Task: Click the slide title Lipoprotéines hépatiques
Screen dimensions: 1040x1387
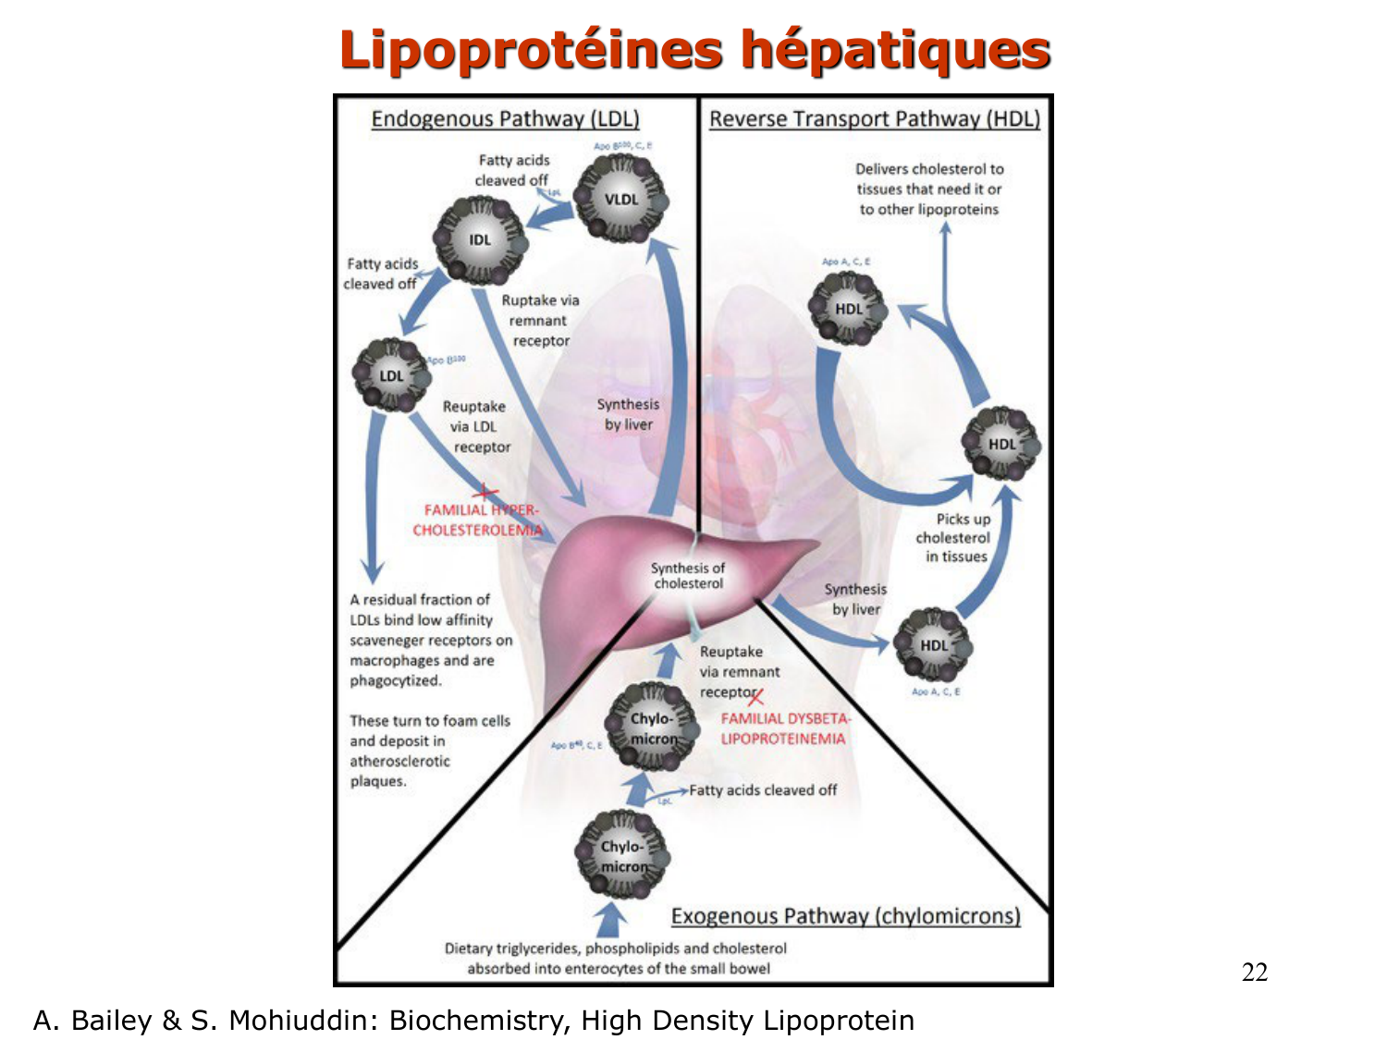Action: (x=694, y=50)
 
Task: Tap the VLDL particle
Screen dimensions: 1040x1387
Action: (x=620, y=199)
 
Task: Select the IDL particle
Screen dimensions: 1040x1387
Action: (x=480, y=240)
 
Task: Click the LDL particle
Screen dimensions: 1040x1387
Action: (x=392, y=375)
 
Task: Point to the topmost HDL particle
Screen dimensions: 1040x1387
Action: (x=848, y=309)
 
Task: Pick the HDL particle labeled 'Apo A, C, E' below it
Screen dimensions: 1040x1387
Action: (x=934, y=645)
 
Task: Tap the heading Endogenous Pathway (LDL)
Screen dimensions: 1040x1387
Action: (x=505, y=119)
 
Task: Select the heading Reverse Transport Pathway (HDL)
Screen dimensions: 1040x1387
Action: (x=875, y=119)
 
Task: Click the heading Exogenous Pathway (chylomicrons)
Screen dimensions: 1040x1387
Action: (x=845, y=916)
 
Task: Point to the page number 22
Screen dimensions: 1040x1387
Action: (x=1254, y=972)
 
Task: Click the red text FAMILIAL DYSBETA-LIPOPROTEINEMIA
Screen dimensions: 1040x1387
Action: (x=784, y=728)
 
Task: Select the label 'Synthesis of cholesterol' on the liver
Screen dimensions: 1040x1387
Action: (x=688, y=576)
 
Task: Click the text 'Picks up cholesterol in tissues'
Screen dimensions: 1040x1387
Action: (x=954, y=538)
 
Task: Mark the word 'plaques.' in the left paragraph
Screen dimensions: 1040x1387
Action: (x=378, y=781)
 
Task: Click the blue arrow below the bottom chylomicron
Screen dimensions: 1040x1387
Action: (x=609, y=921)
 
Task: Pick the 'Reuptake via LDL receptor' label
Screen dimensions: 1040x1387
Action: (x=476, y=427)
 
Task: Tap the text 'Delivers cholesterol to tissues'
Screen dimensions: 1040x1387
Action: (x=928, y=179)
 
